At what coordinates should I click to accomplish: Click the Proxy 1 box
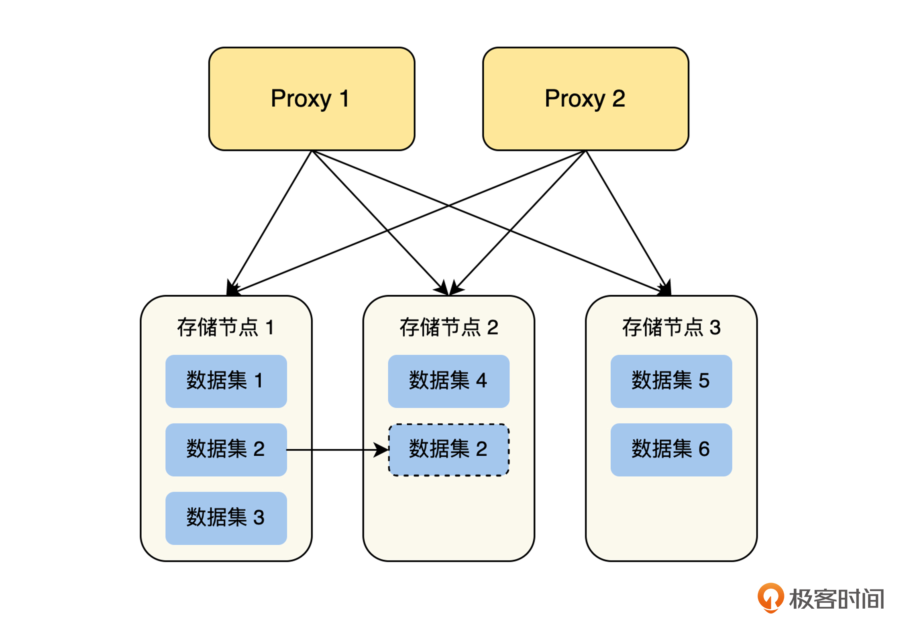pos(312,99)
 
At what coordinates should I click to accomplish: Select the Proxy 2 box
pos(585,99)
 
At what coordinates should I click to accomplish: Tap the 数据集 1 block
pos(226,381)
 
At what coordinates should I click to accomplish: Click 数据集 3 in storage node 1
pos(226,518)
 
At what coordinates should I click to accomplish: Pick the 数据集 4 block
pos(448,381)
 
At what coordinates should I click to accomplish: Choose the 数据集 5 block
pos(671,381)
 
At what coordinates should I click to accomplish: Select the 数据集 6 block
pos(671,449)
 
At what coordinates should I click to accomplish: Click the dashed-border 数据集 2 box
pos(448,450)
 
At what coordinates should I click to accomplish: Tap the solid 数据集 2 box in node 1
pos(226,449)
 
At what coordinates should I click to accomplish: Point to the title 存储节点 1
pos(225,327)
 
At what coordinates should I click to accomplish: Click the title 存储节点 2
pos(448,327)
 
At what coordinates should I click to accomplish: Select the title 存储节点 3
pos(671,327)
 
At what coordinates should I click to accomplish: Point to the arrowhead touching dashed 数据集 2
pos(381,450)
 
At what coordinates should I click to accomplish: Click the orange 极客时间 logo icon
pos(770,597)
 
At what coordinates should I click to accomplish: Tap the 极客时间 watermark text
pos(837,599)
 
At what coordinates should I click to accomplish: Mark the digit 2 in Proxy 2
pos(618,99)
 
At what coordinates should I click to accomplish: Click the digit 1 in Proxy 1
pos(344,99)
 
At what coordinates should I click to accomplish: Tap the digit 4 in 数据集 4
pos(481,381)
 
